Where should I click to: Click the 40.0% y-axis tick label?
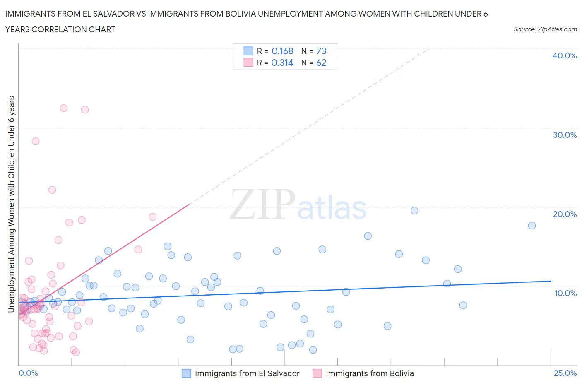(565, 55)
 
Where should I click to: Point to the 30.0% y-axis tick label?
(565, 135)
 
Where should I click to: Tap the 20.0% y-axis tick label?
(565, 214)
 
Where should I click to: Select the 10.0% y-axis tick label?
(565, 293)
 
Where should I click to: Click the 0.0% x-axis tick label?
(28, 373)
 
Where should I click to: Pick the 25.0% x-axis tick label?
(565, 373)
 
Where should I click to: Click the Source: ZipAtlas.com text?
(545, 29)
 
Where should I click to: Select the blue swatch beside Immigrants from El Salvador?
(187, 373)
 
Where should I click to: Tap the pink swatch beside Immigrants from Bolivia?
(317, 373)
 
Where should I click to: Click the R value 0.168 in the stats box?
(282, 51)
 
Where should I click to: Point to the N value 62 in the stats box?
(321, 63)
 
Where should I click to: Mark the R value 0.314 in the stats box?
(282, 63)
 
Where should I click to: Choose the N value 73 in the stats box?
(321, 51)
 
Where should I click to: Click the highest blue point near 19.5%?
(414, 210)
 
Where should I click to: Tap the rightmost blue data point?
(532, 226)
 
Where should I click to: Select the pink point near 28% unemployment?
(36, 141)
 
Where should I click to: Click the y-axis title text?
(11, 204)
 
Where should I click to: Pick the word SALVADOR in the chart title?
(111, 14)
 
